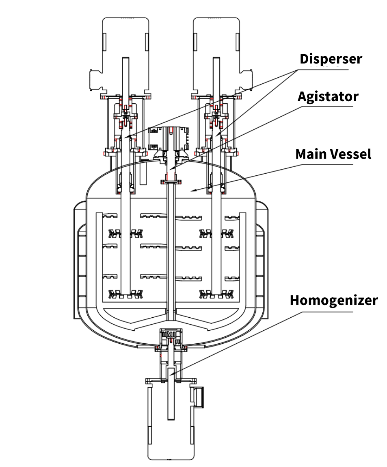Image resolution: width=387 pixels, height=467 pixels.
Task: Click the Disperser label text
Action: [x=331, y=59]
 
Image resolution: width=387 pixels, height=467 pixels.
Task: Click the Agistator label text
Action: [x=328, y=97]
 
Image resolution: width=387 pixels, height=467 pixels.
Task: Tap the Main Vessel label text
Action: [x=333, y=154]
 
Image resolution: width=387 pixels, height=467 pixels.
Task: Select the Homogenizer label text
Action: [x=334, y=300]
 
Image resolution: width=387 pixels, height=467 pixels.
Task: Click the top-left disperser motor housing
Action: [x=125, y=55]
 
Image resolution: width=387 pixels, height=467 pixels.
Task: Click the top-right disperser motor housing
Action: [x=216, y=55]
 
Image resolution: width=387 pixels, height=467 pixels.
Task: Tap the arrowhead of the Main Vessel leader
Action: [x=192, y=190]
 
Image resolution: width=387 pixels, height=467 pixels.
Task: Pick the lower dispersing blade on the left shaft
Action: [x=126, y=294]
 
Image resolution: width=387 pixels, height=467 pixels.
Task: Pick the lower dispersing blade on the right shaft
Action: [x=216, y=294]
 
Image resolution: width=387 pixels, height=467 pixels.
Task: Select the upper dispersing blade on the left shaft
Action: [x=126, y=233]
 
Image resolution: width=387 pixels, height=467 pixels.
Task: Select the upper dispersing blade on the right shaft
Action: [x=216, y=233]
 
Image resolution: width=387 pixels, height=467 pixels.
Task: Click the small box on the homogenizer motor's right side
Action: [x=198, y=397]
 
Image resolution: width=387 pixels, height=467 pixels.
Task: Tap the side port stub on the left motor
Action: [x=96, y=80]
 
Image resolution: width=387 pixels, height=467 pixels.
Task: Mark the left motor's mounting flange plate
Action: [x=125, y=97]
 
